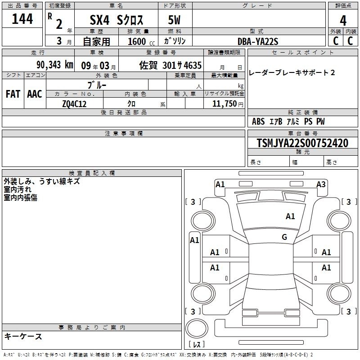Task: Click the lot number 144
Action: (x=22, y=19)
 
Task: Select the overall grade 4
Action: (x=343, y=21)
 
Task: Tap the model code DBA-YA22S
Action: (x=258, y=41)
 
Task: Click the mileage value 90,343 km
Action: (x=54, y=65)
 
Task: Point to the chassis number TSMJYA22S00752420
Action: (x=302, y=143)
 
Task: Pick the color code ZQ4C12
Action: (x=74, y=104)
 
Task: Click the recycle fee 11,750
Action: (x=224, y=104)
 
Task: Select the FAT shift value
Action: (x=13, y=94)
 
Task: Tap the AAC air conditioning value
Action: (x=35, y=94)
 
